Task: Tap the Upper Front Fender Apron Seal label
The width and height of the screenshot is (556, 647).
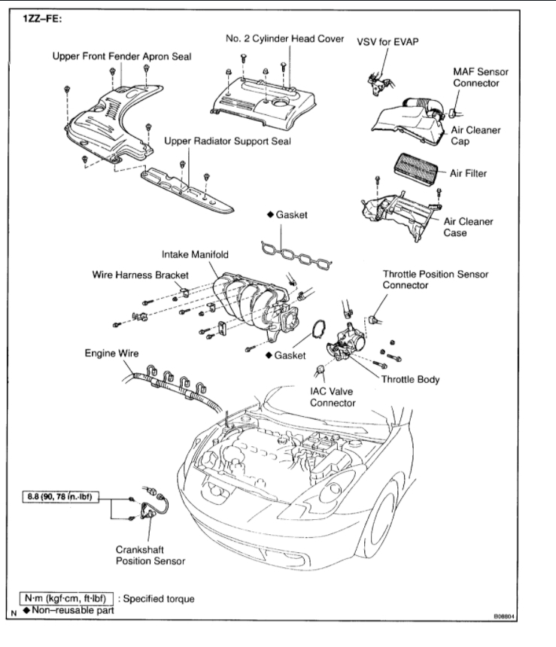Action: click(121, 56)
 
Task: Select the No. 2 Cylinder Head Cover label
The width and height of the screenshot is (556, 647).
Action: click(284, 38)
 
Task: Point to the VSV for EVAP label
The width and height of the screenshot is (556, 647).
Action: click(387, 42)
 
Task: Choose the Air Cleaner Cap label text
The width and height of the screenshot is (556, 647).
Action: click(475, 135)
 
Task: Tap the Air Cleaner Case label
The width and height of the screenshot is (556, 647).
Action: click(468, 227)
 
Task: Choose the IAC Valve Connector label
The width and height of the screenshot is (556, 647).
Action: click(331, 397)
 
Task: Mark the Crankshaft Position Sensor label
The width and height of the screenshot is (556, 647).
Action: click(150, 554)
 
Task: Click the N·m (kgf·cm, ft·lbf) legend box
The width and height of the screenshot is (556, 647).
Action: click(68, 598)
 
